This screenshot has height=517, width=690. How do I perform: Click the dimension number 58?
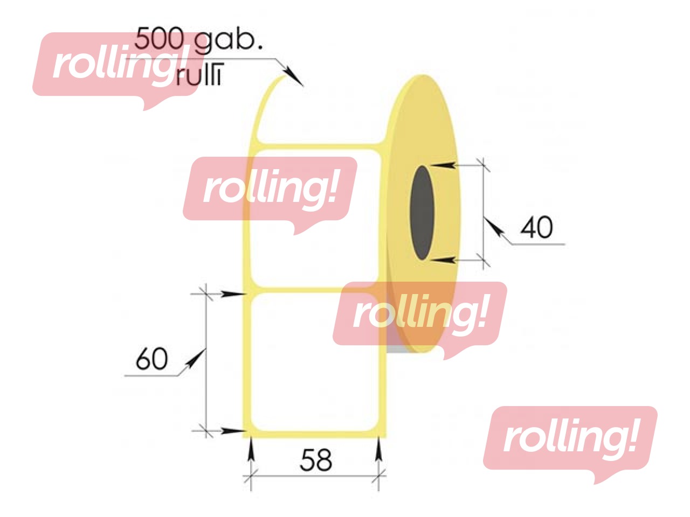click(x=316, y=460)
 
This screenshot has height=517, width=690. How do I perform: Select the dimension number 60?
click(x=151, y=359)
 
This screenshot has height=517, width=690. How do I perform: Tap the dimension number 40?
click(x=536, y=228)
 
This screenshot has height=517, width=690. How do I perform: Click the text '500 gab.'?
click(x=198, y=39)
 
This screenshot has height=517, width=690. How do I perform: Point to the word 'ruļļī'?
click(x=199, y=76)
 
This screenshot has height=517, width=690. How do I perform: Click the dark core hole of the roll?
click(x=422, y=213)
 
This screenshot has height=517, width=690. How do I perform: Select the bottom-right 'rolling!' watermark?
click(x=570, y=438)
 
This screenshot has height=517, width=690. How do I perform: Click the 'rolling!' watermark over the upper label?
click(x=270, y=189)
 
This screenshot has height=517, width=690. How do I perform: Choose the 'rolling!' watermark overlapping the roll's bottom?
click(x=419, y=314)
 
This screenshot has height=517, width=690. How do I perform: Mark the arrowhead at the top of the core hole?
click(x=444, y=165)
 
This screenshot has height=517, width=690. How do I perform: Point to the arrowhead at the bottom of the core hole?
click(x=444, y=261)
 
